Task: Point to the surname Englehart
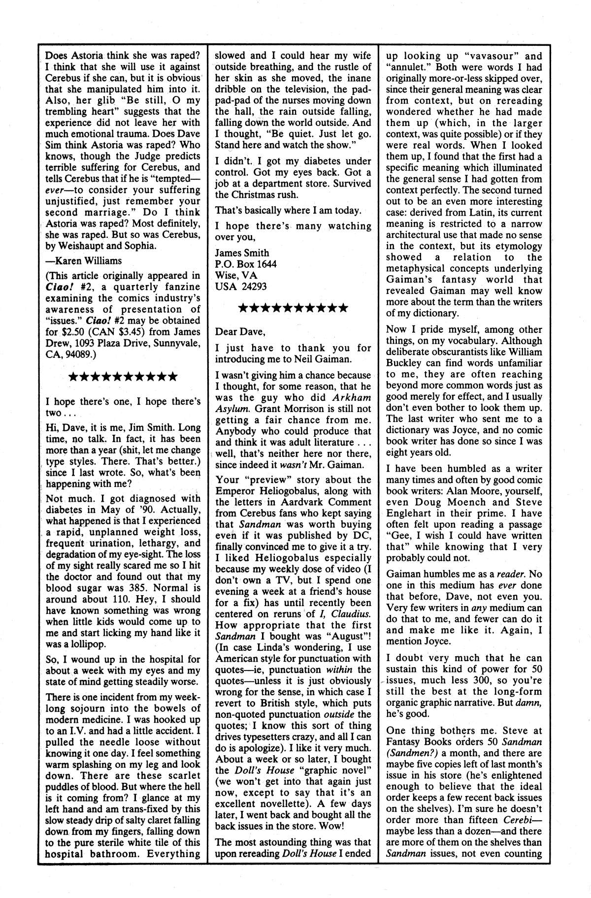point(409,513)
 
